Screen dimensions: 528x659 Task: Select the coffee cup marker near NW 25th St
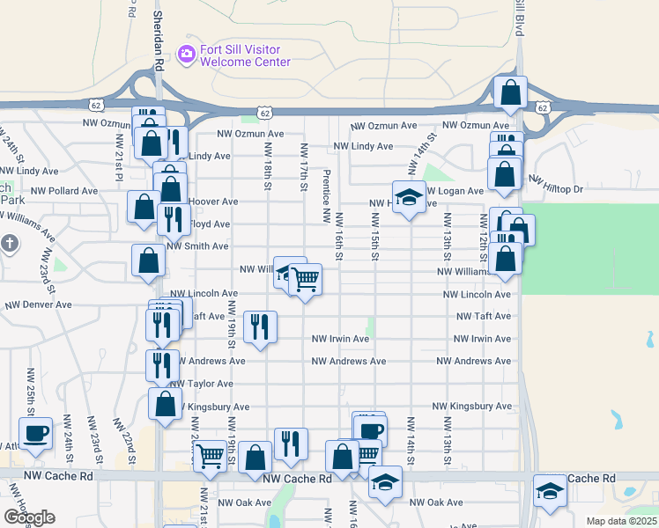click(35, 433)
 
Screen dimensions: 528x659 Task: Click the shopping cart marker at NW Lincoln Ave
click(305, 281)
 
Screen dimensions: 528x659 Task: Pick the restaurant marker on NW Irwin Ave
click(259, 328)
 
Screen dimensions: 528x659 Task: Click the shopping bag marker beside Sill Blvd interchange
click(511, 92)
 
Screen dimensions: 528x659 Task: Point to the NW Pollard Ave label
click(64, 190)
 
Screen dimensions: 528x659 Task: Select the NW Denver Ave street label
click(38, 304)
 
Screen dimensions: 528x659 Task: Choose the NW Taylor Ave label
click(201, 385)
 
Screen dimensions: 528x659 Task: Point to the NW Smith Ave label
click(197, 247)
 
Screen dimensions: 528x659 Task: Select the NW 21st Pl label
click(119, 155)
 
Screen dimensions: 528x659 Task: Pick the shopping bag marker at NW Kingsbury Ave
click(165, 404)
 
